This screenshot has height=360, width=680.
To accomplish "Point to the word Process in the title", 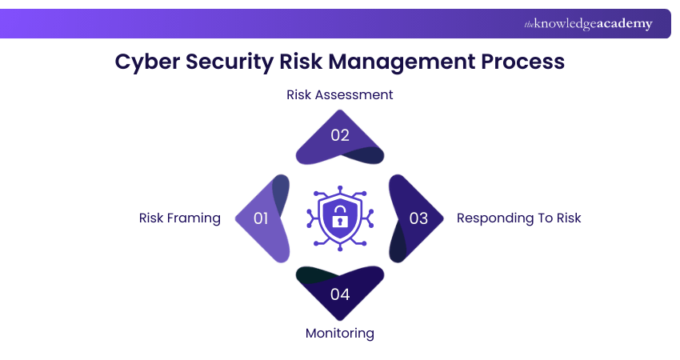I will [x=524, y=62].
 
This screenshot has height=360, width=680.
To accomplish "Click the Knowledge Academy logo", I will [x=588, y=24].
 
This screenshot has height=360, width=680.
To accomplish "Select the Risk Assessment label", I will [x=340, y=94].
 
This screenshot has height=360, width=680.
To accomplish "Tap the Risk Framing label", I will [x=180, y=218].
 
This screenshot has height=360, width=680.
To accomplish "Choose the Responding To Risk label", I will [x=518, y=218].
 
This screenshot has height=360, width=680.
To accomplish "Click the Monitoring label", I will [x=340, y=333].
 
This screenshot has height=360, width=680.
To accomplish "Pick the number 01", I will [x=261, y=218].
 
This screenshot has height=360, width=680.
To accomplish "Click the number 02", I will [x=340, y=135].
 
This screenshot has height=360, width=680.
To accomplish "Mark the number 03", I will [x=418, y=218].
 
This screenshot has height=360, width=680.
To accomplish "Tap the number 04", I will [x=340, y=294].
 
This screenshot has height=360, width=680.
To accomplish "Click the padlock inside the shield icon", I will [x=340, y=216].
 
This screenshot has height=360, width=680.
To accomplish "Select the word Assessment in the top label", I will [x=354, y=94].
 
